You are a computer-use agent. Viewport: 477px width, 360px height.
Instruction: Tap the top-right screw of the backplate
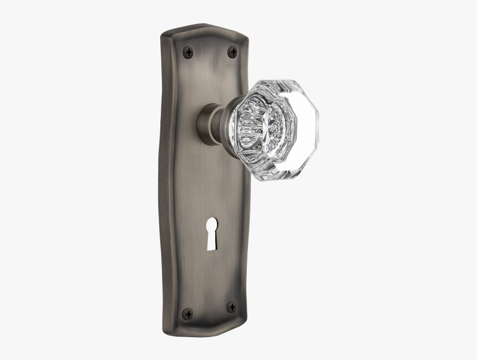coord(232,52)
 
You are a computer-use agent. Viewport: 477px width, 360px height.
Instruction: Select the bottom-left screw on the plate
coord(187,313)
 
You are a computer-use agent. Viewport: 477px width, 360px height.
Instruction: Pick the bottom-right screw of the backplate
coord(231,307)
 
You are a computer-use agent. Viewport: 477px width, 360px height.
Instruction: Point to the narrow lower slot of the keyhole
coord(211,238)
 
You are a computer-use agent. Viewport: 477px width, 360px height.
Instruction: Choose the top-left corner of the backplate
coord(164,36)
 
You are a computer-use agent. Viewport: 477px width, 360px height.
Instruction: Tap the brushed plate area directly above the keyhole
coord(211,194)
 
